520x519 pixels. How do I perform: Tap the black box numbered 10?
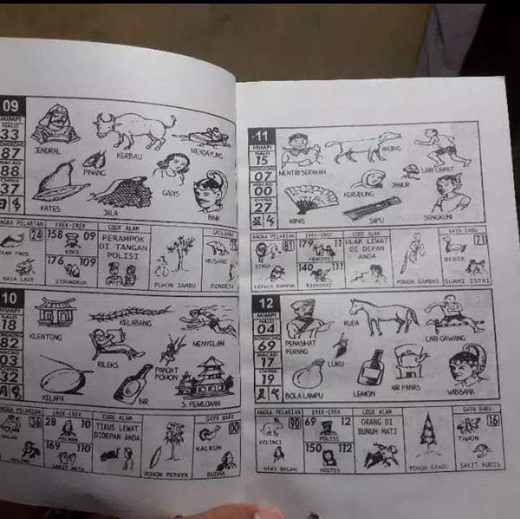tap(10, 300)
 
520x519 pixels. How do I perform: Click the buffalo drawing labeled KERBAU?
tap(133, 129)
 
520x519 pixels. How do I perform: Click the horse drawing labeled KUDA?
tap(383, 314)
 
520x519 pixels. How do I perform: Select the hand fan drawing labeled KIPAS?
tap(310, 198)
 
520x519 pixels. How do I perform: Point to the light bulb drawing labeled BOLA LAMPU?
tap(309, 374)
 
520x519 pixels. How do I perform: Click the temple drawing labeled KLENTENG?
tap(55, 312)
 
